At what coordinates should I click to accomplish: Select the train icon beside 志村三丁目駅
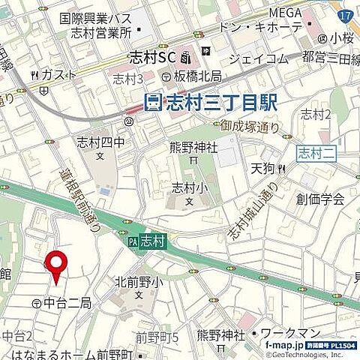(x=153, y=101)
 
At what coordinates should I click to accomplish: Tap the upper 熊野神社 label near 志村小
(x=194, y=148)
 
